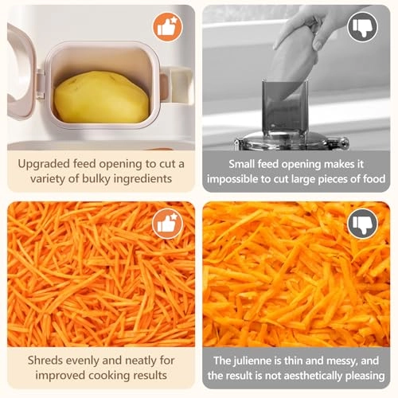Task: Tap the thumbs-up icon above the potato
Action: pyautogui.click(x=166, y=27)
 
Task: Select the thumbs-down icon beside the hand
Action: pyautogui.click(x=362, y=28)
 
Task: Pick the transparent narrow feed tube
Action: pyautogui.click(x=285, y=107)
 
